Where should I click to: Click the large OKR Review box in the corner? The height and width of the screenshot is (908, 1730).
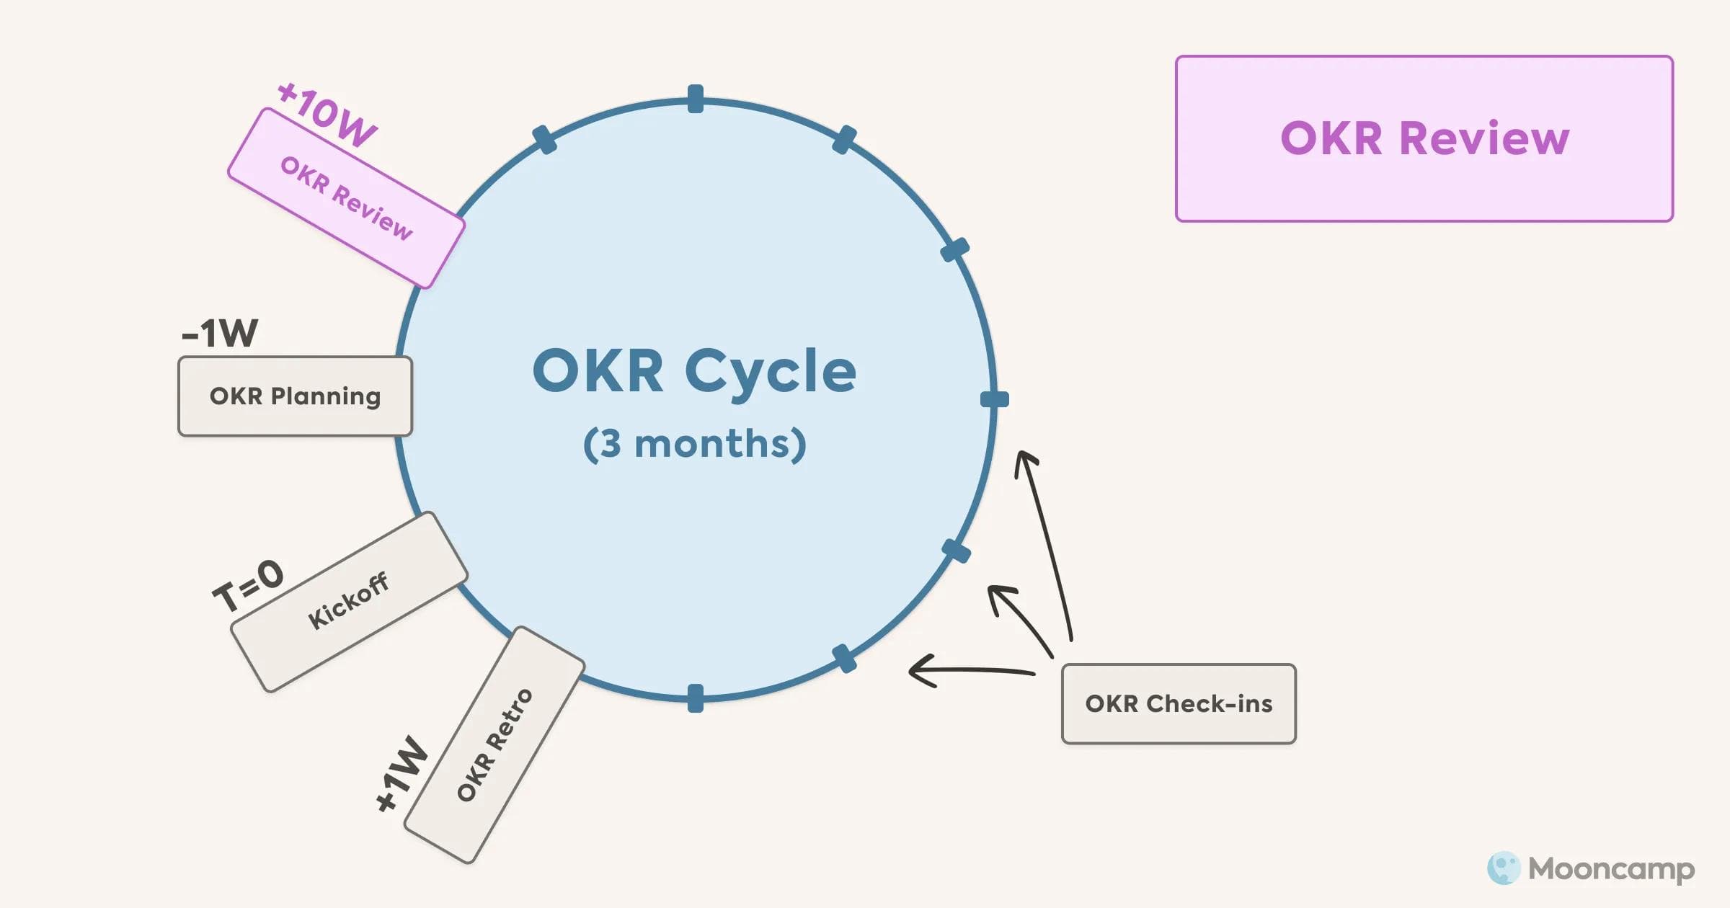(1424, 138)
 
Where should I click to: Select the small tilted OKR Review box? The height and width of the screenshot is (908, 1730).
(346, 198)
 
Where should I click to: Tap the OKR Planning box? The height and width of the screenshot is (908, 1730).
(295, 396)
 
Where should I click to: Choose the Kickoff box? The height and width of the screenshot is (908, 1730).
(349, 601)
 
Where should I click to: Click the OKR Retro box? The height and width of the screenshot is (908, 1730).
(494, 744)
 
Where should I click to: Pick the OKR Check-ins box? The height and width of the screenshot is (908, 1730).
(1179, 703)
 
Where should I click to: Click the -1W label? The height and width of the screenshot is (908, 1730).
(220, 333)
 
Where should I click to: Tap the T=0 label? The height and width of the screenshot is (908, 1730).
(248, 584)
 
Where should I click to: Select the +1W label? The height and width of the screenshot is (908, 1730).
(402, 774)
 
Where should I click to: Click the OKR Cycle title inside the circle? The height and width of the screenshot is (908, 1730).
(694, 371)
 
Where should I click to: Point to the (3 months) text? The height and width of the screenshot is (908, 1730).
(694, 443)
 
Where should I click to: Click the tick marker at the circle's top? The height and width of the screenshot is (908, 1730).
(696, 99)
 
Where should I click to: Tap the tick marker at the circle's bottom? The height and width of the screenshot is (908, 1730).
(696, 698)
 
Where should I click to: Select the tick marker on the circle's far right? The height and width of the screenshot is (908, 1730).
(995, 399)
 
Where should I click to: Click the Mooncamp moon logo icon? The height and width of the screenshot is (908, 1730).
(1503, 868)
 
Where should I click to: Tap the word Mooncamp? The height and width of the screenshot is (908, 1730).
(1611, 869)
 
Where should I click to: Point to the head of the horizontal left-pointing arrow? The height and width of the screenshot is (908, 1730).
(915, 670)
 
